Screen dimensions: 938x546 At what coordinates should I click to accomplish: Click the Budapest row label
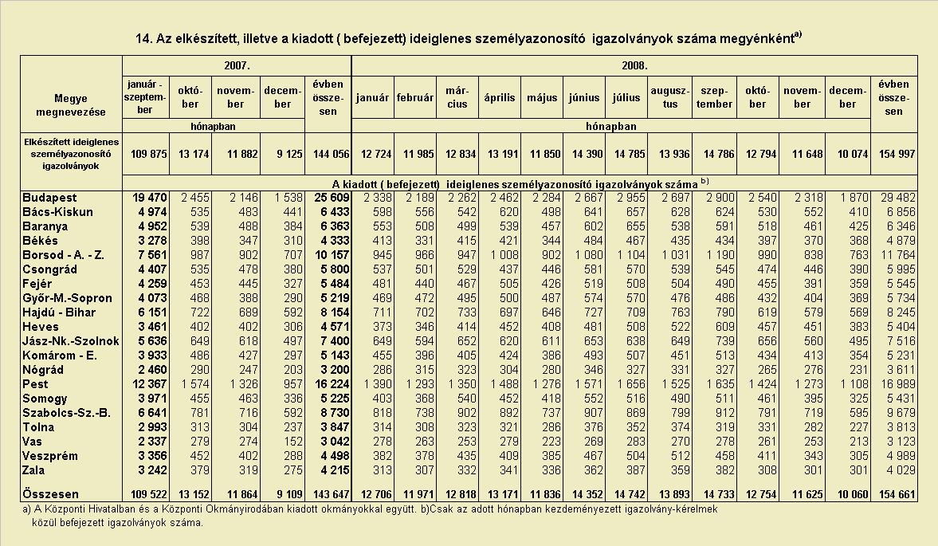tap(49, 198)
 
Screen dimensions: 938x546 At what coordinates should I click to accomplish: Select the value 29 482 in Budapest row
tap(897, 198)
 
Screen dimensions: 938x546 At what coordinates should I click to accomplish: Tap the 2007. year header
tap(237, 66)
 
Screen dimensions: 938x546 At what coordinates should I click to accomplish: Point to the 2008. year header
tap(634, 66)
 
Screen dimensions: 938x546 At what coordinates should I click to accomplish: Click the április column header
tap(500, 97)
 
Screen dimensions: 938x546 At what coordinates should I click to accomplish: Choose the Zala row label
tap(33, 470)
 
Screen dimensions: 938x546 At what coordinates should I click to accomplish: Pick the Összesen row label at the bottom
tap(50, 494)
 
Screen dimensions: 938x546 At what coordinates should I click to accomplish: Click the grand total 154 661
tap(897, 494)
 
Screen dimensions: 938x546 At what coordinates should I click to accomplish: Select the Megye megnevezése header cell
tap(71, 105)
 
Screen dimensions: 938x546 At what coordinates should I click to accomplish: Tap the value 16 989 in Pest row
tap(897, 384)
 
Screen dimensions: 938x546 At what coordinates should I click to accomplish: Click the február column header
tap(415, 97)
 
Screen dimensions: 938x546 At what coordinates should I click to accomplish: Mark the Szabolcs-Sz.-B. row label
tap(66, 413)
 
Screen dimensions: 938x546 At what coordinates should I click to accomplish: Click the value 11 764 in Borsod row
tap(897, 255)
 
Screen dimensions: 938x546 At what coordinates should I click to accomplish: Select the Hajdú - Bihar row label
tap(59, 312)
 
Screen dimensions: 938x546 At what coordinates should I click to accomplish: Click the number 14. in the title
tap(144, 39)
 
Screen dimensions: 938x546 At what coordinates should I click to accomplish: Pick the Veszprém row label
tap(49, 456)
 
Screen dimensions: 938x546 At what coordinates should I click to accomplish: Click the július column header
tap(626, 97)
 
